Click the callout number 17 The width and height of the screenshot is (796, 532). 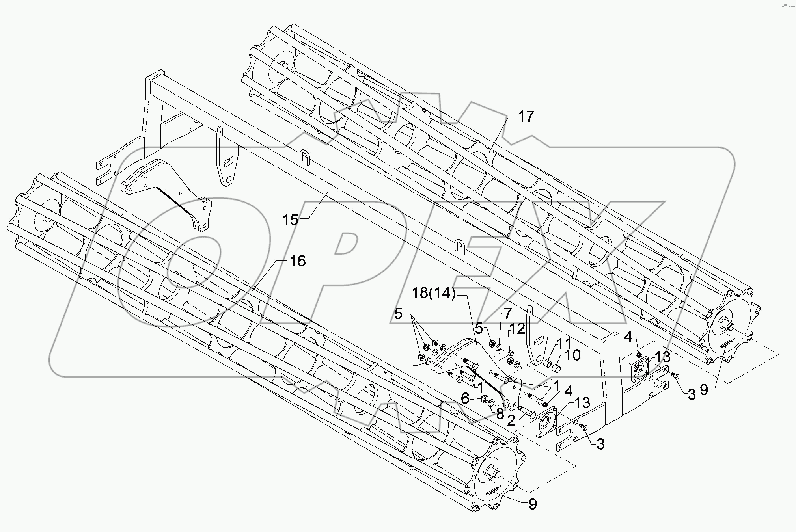tap(526, 117)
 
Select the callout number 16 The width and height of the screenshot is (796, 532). tap(298, 261)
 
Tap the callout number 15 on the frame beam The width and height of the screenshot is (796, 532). tap(290, 220)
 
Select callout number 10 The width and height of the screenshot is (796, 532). tap(572, 355)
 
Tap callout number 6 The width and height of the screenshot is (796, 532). tap(466, 398)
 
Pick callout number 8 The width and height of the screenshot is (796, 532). tap(500, 414)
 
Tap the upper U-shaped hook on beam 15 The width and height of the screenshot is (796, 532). tap(305, 158)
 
